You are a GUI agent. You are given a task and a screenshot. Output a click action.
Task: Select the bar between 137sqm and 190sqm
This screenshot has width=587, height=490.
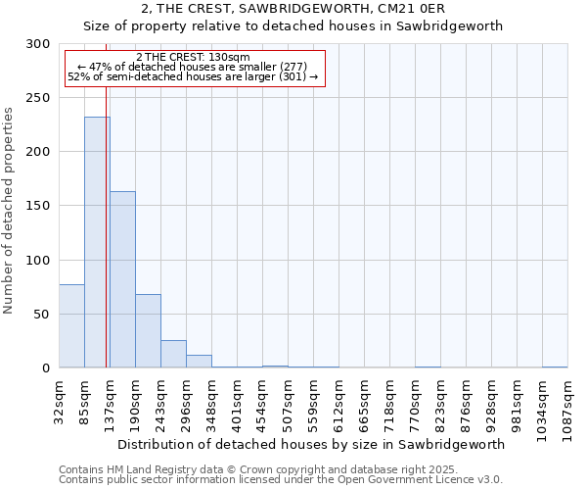pyautogui.click(x=122, y=279)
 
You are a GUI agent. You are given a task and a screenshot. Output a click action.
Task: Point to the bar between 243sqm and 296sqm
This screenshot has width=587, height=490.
pyautogui.click(x=173, y=354)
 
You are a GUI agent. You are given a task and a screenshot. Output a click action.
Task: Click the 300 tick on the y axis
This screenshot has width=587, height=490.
pyautogui.click(x=38, y=44)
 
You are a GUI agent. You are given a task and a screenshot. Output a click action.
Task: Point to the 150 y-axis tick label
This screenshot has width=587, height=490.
pyautogui.click(x=38, y=206)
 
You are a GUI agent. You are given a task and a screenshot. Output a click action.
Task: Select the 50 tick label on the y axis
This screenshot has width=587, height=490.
pyautogui.click(x=42, y=315)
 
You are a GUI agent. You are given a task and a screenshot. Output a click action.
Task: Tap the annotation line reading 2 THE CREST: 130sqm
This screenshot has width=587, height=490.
pyautogui.click(x=194, y=57)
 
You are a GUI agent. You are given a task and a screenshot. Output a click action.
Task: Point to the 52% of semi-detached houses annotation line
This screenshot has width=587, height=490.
pyautogui.click(x=194, y=76)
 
